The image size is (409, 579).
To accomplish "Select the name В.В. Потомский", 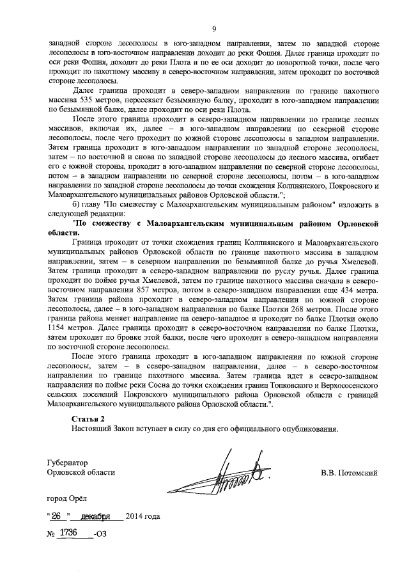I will pos(350,473).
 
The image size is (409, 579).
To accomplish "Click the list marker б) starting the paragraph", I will pos(74,203).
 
